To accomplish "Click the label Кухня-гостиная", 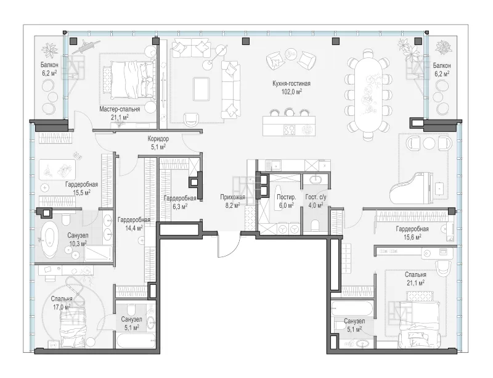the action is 291,83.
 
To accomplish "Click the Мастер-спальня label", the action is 120,109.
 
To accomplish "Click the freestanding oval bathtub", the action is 50,239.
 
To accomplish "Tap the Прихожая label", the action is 232,198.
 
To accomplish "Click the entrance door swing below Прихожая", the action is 228,245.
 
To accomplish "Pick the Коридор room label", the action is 158,139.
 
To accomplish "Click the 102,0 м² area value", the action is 292,92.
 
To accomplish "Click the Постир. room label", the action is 286,197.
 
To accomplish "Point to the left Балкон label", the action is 49,65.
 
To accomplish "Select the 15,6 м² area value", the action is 412,237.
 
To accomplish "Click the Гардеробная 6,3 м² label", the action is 180,202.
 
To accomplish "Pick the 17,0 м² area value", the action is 62,306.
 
